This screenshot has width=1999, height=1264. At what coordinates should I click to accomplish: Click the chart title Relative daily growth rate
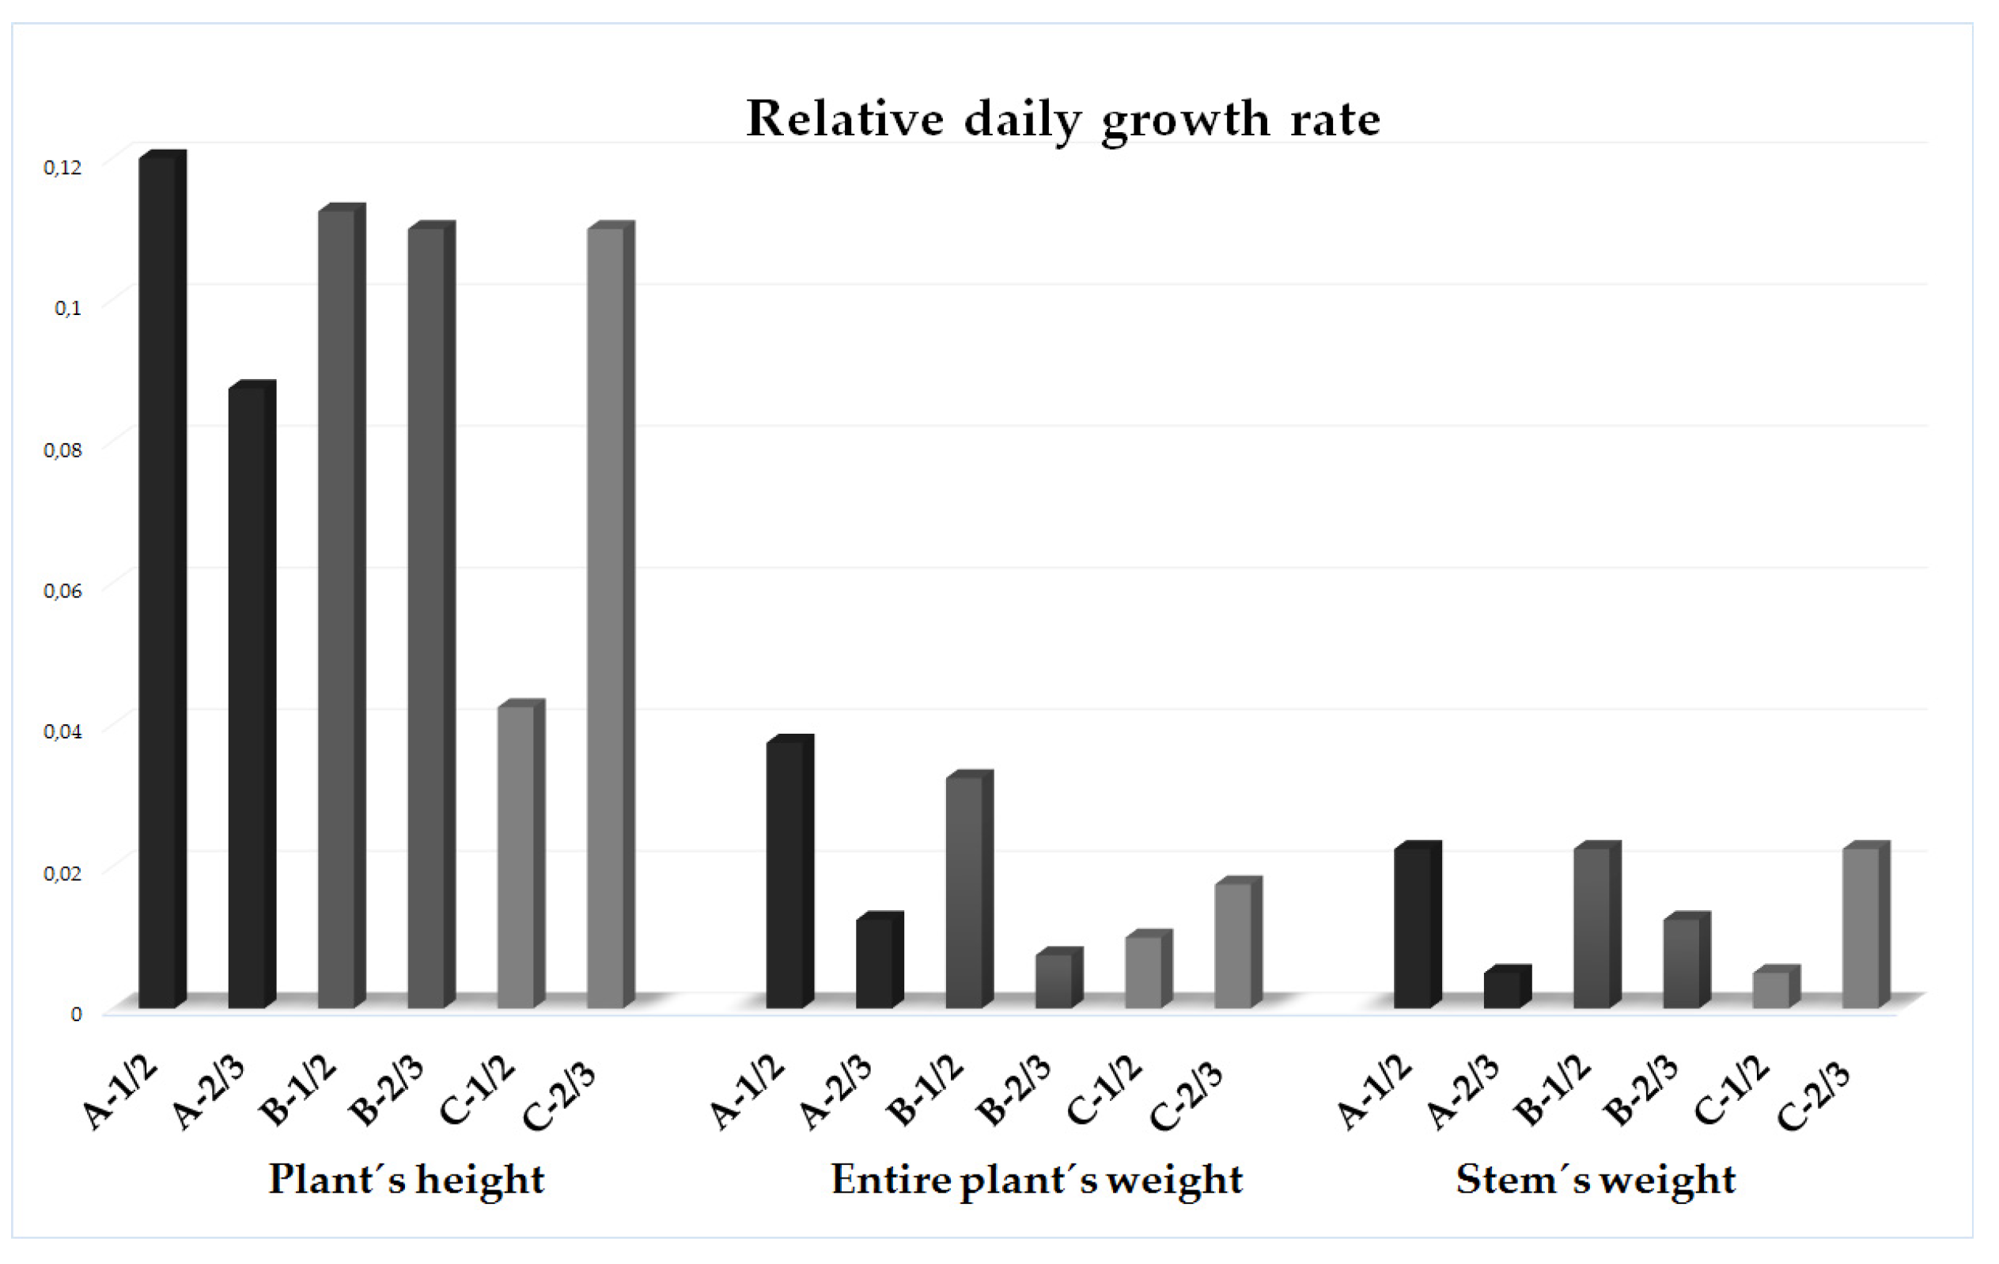point(1063,120)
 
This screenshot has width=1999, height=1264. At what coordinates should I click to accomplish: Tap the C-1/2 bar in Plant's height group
point(517,856)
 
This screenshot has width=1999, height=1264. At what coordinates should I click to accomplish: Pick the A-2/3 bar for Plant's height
point(248,697)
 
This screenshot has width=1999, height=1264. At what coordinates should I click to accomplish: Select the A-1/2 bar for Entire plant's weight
point(786,876)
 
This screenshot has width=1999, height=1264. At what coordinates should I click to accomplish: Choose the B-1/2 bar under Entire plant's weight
point(964,893)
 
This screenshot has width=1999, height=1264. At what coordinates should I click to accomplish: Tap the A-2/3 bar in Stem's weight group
point(1502,990)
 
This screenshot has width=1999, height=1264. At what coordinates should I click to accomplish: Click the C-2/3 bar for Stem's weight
point(1861,928)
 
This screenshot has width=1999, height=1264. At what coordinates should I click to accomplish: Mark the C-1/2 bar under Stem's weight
point(1771,990)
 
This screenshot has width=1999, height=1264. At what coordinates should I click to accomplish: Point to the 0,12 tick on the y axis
point(62,168)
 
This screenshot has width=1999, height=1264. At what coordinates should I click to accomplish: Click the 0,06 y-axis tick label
point(62,591)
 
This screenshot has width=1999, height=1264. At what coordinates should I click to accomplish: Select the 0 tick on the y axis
point(75,1014)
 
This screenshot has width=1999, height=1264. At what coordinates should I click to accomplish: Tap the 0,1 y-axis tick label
point(67,308)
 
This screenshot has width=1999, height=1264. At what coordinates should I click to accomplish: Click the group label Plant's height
point(407,1179)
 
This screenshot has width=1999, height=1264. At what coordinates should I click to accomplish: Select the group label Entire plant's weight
point(1037,1179)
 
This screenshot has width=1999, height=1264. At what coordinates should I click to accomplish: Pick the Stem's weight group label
point(1596,1179)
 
